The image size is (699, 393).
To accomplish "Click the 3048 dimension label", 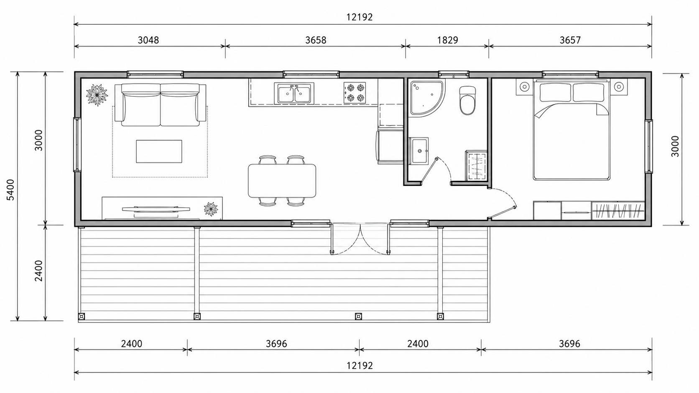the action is point(148,40).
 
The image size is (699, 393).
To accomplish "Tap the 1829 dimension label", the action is point(447,40).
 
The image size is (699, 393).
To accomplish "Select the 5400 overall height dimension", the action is point(11,190).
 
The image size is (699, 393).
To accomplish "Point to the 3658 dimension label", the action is point(316,40).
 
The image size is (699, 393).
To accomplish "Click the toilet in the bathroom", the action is point(467,100).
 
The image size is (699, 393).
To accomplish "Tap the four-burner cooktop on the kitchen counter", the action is point(355,93).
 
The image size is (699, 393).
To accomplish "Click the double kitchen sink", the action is point(294,93).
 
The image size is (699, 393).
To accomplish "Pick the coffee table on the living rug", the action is point(159,151).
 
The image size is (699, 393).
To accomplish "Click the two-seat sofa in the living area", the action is point(161,104).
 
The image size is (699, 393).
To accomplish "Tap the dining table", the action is point(282,181).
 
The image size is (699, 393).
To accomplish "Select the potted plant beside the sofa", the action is point(97,95).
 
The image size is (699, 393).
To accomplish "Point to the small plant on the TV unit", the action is point(211,209).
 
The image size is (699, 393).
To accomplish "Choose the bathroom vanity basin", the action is point(419,151).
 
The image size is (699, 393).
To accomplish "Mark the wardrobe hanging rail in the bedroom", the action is point(618,210).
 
